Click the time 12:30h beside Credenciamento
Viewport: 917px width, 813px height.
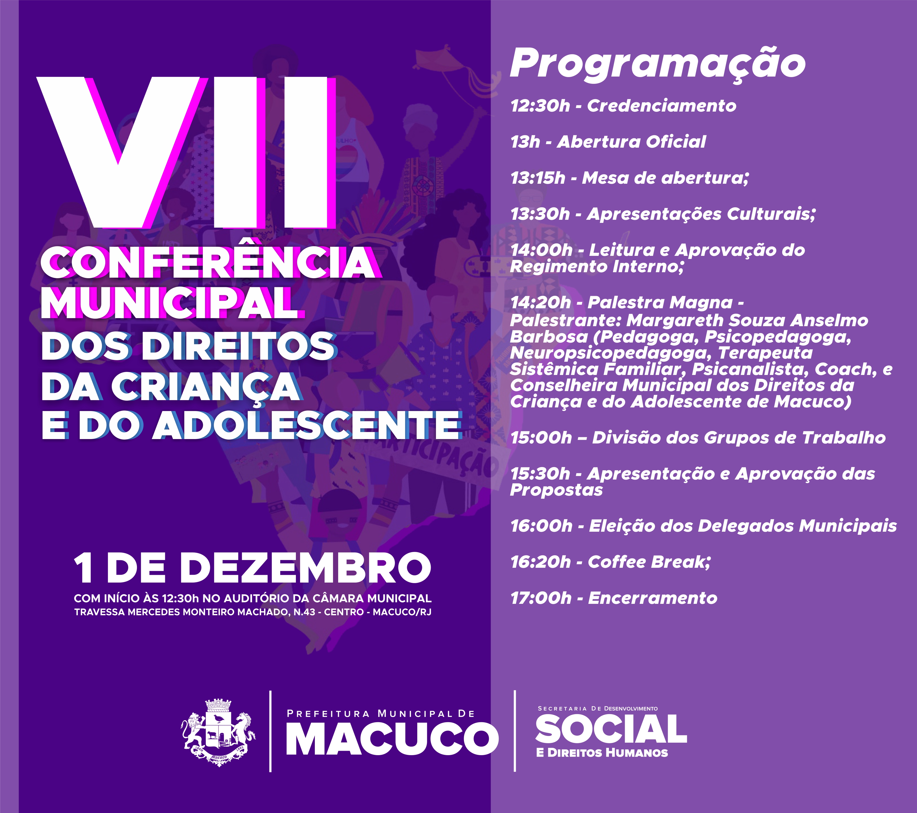point(540,106)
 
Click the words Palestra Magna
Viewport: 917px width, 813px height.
point(660,303)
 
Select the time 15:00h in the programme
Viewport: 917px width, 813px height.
point(541,438)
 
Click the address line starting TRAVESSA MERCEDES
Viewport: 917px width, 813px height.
point(253,612)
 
